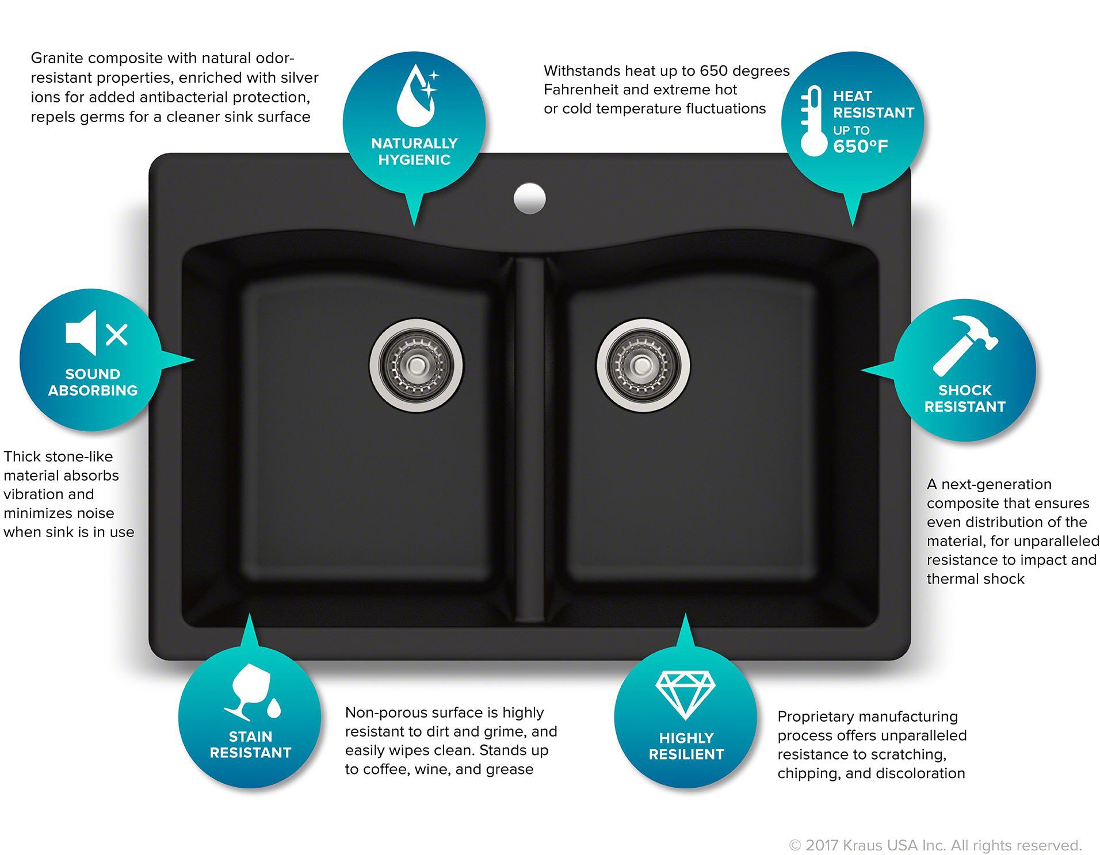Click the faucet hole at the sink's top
click(529, 198)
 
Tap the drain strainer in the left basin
click(416, 365)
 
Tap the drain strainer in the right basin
click(643, 365)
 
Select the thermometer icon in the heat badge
click(813, 121)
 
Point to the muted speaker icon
click(97, 333)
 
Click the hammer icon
click(965, 345)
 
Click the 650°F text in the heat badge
click(861, 147)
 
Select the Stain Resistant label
click(250, 745)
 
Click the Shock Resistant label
click(965, 398)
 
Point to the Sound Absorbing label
click(93, 382)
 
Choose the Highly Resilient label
click(686, 746)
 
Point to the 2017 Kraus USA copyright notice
click(935, 845)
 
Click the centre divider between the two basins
click(530, 440)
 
